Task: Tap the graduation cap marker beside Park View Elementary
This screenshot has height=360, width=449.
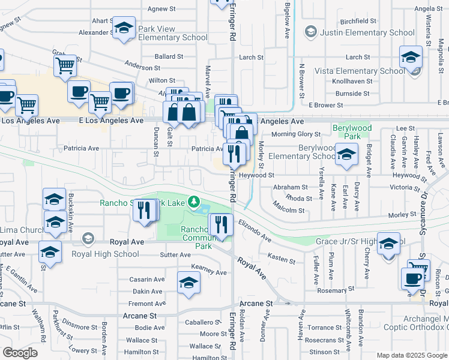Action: click(124, 29)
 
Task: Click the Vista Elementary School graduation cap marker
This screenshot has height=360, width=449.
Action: click(411, 58)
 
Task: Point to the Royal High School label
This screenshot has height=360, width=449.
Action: click(105, 254)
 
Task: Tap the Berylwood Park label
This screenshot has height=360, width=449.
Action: click(352, 128)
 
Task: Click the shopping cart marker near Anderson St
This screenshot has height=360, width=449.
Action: click(65, 65)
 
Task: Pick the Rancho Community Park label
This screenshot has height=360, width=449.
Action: click(197, 238)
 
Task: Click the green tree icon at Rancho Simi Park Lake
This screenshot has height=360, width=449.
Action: click(193, 201)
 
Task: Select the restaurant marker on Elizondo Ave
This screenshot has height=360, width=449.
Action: click(220, 226)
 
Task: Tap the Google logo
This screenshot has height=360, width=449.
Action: click(20, 353)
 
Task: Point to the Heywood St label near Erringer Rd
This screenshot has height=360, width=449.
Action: click(256, 176)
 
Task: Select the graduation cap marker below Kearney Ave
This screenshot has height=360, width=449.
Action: click(188, 283)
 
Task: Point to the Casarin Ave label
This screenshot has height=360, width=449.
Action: click(148, 280)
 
